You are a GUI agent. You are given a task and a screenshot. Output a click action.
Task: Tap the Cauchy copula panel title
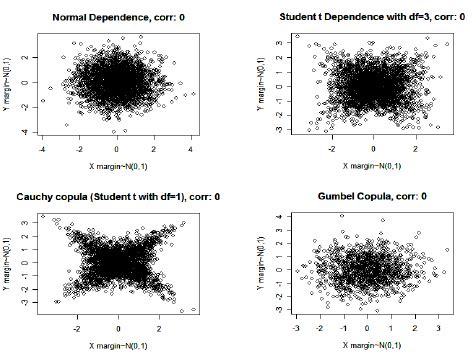(x=112, y=193)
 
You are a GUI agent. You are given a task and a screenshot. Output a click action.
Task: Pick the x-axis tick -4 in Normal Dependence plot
(x=41, y=148)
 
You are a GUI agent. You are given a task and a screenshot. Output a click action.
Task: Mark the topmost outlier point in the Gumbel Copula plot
(x=342, y=215)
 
